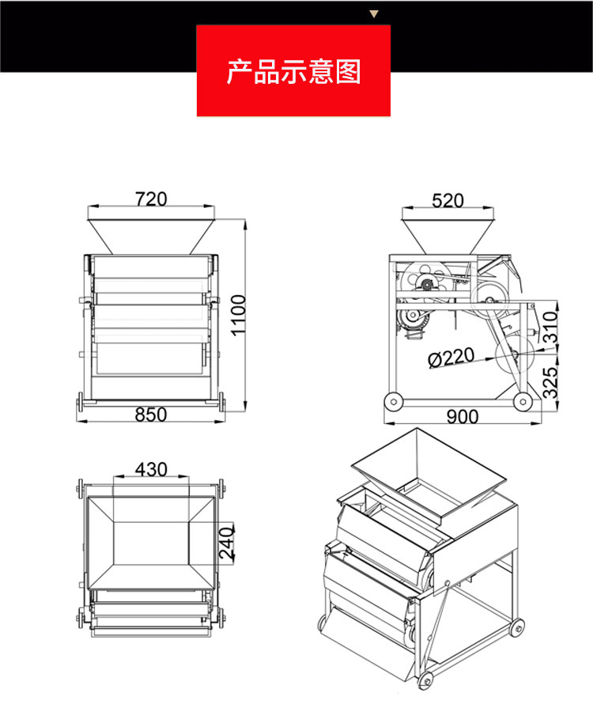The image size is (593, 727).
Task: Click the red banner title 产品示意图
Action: [293, 71]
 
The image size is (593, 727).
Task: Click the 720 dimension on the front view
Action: [150, 199]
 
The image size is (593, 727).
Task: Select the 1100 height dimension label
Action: [238, 315]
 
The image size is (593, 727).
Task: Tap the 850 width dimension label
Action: [150, 415]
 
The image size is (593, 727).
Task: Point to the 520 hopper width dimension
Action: [448, 200]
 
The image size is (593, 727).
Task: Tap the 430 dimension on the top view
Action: [151, 469]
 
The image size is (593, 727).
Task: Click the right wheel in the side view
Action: [521, 402]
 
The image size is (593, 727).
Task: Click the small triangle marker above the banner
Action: [375, 13]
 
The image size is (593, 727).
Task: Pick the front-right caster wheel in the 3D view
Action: [427, 679]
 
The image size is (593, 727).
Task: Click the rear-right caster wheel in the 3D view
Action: [517, 629]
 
